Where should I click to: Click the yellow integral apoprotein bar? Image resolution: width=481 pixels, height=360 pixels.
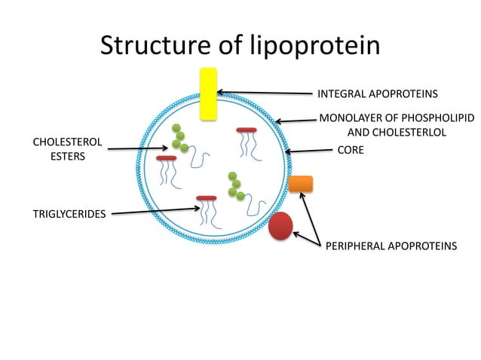[x=208, y=93]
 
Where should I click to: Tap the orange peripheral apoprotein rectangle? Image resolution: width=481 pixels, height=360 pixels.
[x=300, y=183]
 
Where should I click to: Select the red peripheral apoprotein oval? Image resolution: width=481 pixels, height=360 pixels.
[x=280, y=226]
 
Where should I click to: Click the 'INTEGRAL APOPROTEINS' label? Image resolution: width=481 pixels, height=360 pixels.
[x=378, y=94]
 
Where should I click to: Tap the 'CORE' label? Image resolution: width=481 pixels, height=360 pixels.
[x=350, y=150]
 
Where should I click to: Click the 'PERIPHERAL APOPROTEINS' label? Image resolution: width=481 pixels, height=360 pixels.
[x=391, y=246]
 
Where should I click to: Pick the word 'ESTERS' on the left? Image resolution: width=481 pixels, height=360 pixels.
[x=67, y=157]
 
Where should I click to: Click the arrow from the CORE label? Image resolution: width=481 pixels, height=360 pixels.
[x=308, y=151]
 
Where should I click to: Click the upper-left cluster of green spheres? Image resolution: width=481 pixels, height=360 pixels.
[x=179, y=138]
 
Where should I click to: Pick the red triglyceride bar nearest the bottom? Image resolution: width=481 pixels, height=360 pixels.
[x=206, y=198]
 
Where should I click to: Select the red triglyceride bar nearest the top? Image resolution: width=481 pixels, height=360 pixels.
[x=247, y=130]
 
